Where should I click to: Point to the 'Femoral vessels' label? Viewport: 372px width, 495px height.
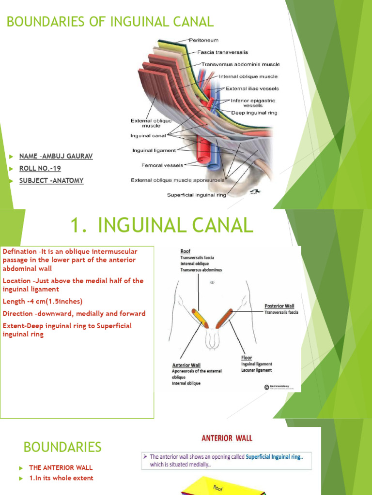162,165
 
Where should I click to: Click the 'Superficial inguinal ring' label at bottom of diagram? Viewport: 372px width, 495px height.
196,195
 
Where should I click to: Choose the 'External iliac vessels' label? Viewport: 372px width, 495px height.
252,89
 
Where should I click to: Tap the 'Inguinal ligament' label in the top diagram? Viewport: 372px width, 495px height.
154,151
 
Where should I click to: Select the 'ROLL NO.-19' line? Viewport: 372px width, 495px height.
40,168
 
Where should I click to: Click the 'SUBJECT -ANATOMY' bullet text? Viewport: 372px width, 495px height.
51,180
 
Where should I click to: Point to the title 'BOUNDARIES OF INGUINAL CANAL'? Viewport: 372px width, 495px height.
109,22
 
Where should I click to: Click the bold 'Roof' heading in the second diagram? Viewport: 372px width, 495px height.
186,251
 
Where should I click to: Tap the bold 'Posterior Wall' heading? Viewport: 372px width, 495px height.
279,306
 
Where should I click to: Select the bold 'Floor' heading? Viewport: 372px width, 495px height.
247,358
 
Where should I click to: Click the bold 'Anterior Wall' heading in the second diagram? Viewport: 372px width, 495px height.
186,365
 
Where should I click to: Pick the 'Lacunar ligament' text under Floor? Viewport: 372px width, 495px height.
257,370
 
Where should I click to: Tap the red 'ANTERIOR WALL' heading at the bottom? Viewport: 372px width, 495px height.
227,438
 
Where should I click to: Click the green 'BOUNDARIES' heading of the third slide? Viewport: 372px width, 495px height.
62,447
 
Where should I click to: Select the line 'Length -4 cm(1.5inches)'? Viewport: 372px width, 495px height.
43,301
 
